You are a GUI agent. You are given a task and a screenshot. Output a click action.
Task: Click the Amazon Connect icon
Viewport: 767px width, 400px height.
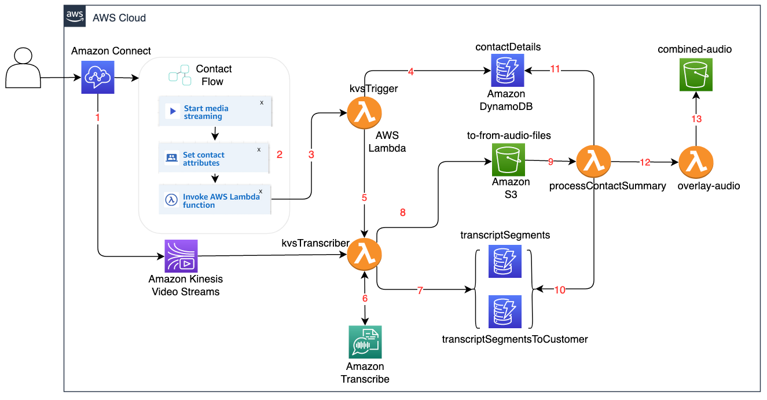[x=98, y=78]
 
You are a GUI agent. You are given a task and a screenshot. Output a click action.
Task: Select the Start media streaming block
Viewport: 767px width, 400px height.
[x=215, y=112]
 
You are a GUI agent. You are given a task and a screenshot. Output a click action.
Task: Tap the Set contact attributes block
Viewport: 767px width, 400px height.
[x=215, y=159]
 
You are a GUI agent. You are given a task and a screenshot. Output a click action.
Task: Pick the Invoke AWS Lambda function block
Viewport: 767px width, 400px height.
[x=215, y=200]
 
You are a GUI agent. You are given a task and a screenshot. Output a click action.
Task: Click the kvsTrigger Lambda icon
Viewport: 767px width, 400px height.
[x=365, y=113]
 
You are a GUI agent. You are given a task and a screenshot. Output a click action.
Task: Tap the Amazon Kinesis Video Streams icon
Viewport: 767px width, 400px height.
[x=181, y=256]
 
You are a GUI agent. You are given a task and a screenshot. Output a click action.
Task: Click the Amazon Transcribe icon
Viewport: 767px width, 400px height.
[x=365, y=342]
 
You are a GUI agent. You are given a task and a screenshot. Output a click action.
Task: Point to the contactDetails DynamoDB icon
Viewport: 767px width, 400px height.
[x=507, y=71]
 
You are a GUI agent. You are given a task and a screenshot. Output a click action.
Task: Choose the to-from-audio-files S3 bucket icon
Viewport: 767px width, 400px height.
[x=508, y=160]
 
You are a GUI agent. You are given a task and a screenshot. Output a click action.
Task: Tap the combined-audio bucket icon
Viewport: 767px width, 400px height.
[x=696, y=75]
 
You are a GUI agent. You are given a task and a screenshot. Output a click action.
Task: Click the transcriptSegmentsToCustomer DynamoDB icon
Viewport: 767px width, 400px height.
[x=505, y=311]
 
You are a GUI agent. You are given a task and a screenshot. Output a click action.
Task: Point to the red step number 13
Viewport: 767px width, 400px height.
[x=696, y=119]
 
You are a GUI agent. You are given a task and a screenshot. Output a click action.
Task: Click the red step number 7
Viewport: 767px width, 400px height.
[x=420, y=291]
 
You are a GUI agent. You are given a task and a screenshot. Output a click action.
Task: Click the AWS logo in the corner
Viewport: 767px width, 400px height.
[x=75, y=16]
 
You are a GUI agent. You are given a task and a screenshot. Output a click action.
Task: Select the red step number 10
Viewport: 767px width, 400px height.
[x=560, y=291]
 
